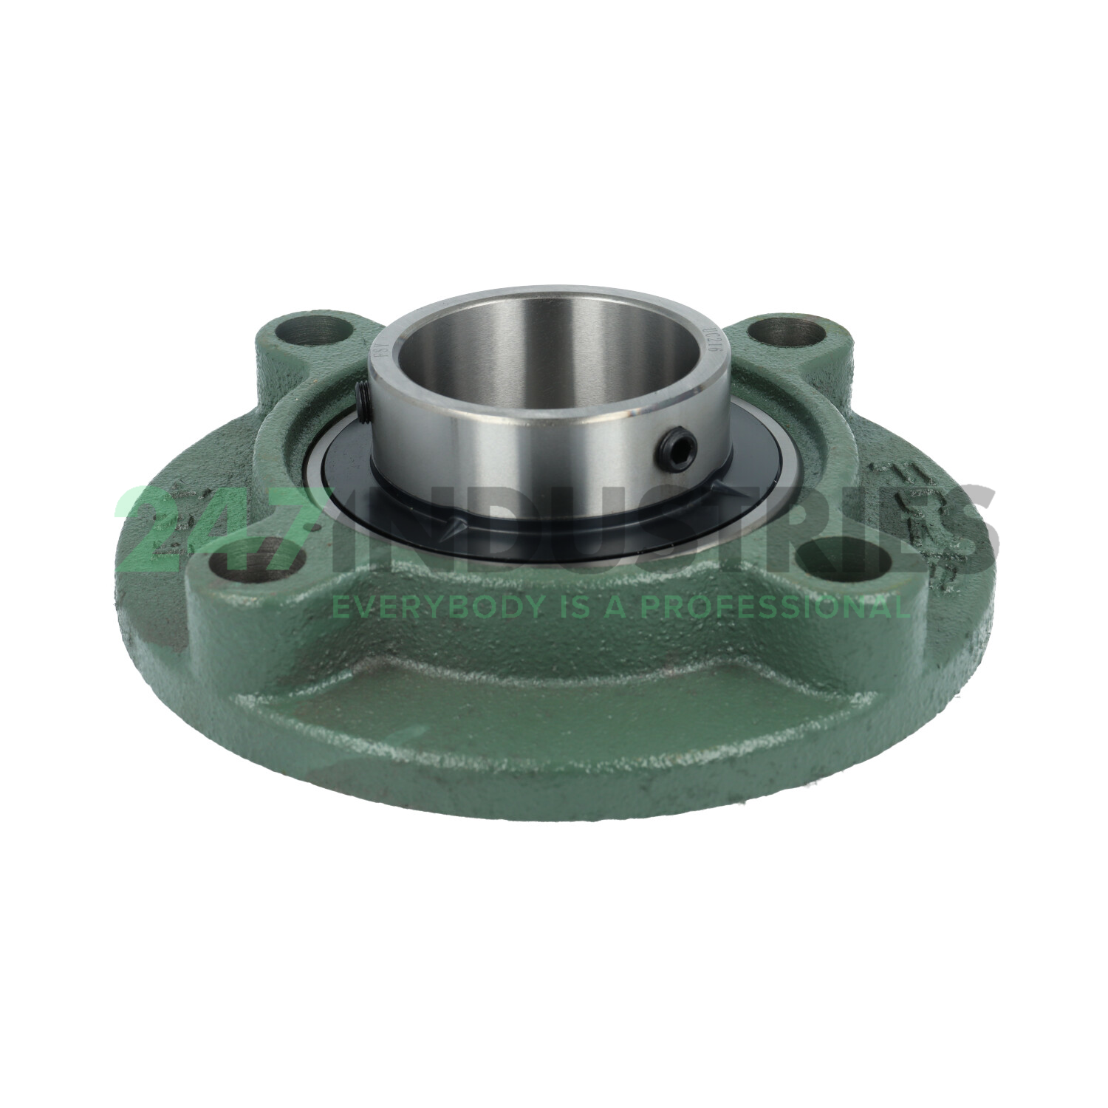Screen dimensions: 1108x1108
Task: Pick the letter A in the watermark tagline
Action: (615, 607)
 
